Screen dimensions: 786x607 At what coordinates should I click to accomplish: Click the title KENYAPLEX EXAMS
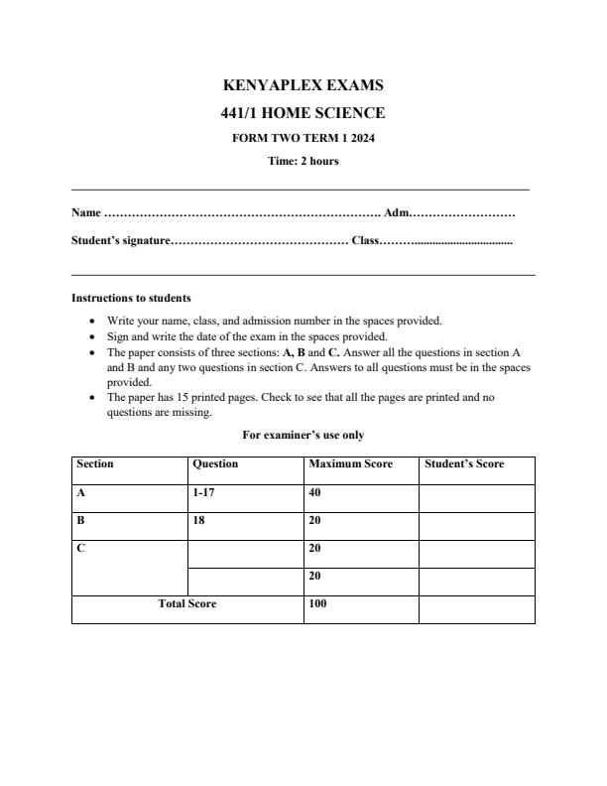[303, 86]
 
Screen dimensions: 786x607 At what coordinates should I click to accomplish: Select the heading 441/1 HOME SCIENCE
[303, 113]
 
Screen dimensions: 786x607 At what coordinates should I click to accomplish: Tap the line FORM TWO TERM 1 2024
[303, 138]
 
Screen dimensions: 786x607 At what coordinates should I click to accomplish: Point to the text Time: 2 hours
[303, 162]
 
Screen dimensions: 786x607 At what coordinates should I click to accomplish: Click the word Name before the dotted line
[86, 212]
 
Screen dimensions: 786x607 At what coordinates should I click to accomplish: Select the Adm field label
[395, 212]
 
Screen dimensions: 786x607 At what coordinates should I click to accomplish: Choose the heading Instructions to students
[131, 298]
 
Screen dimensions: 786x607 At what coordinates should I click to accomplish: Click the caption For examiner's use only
[303, 435]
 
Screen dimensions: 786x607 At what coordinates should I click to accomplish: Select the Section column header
[95, 464]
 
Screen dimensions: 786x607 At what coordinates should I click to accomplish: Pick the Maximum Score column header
[350, 464]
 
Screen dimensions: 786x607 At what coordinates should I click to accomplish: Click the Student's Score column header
[464, 464]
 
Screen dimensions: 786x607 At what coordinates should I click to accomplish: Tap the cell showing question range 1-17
[203, 492]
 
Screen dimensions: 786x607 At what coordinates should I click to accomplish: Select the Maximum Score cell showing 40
[315, 492]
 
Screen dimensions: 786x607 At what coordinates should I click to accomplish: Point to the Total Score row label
[187, 603]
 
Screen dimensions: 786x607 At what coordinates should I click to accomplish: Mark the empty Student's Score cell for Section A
[476, 497]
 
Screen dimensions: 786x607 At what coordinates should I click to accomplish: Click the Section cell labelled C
[80, 548]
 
